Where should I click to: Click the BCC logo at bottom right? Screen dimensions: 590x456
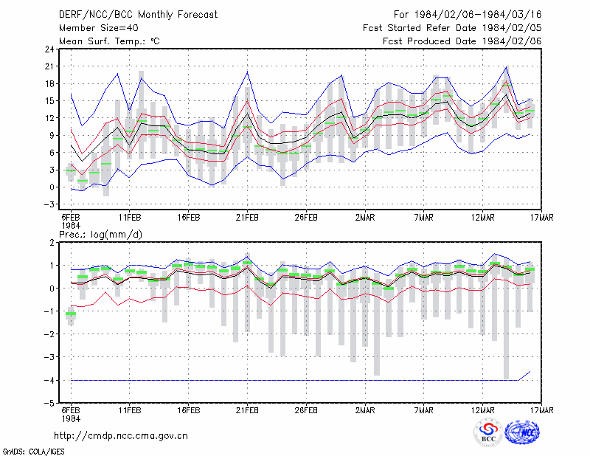click(x=488, y=433)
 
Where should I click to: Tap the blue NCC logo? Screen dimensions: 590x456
click(x=522, y=432)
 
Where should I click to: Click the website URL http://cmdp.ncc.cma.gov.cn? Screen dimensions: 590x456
click(x=121, y=436)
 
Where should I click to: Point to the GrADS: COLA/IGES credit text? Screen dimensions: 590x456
click(x=33, y=452)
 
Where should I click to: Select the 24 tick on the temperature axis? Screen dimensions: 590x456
click(x=49, y=49)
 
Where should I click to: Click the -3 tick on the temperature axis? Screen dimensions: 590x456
click(x=49, y=204)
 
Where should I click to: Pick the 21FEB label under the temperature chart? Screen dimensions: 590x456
click(x=247, y=218)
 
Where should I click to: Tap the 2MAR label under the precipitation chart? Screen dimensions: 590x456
click(x=365, y=410)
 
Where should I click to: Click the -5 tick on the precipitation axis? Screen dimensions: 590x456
click(x=49, y=404)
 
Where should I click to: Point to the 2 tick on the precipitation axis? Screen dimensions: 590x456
click(x=52, y=243)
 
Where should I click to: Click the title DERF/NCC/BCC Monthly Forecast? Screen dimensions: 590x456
click(x=138, y=15)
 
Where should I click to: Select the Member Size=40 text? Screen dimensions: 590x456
click(x=99, y=28)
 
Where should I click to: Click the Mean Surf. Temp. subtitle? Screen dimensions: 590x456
click(x=109, y=41)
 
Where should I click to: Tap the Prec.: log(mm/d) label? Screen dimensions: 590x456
click(x=101, y=235)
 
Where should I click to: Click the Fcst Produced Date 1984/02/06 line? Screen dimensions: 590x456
click(x=462, y=41)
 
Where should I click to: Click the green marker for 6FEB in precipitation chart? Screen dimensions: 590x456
click(x=71, y=314)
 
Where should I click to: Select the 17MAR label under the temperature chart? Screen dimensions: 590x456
click(x=542, y=218)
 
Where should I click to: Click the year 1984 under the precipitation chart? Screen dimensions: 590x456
click(x=71, y=418)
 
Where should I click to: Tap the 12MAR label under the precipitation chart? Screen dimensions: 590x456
click(x=483, y=410)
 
